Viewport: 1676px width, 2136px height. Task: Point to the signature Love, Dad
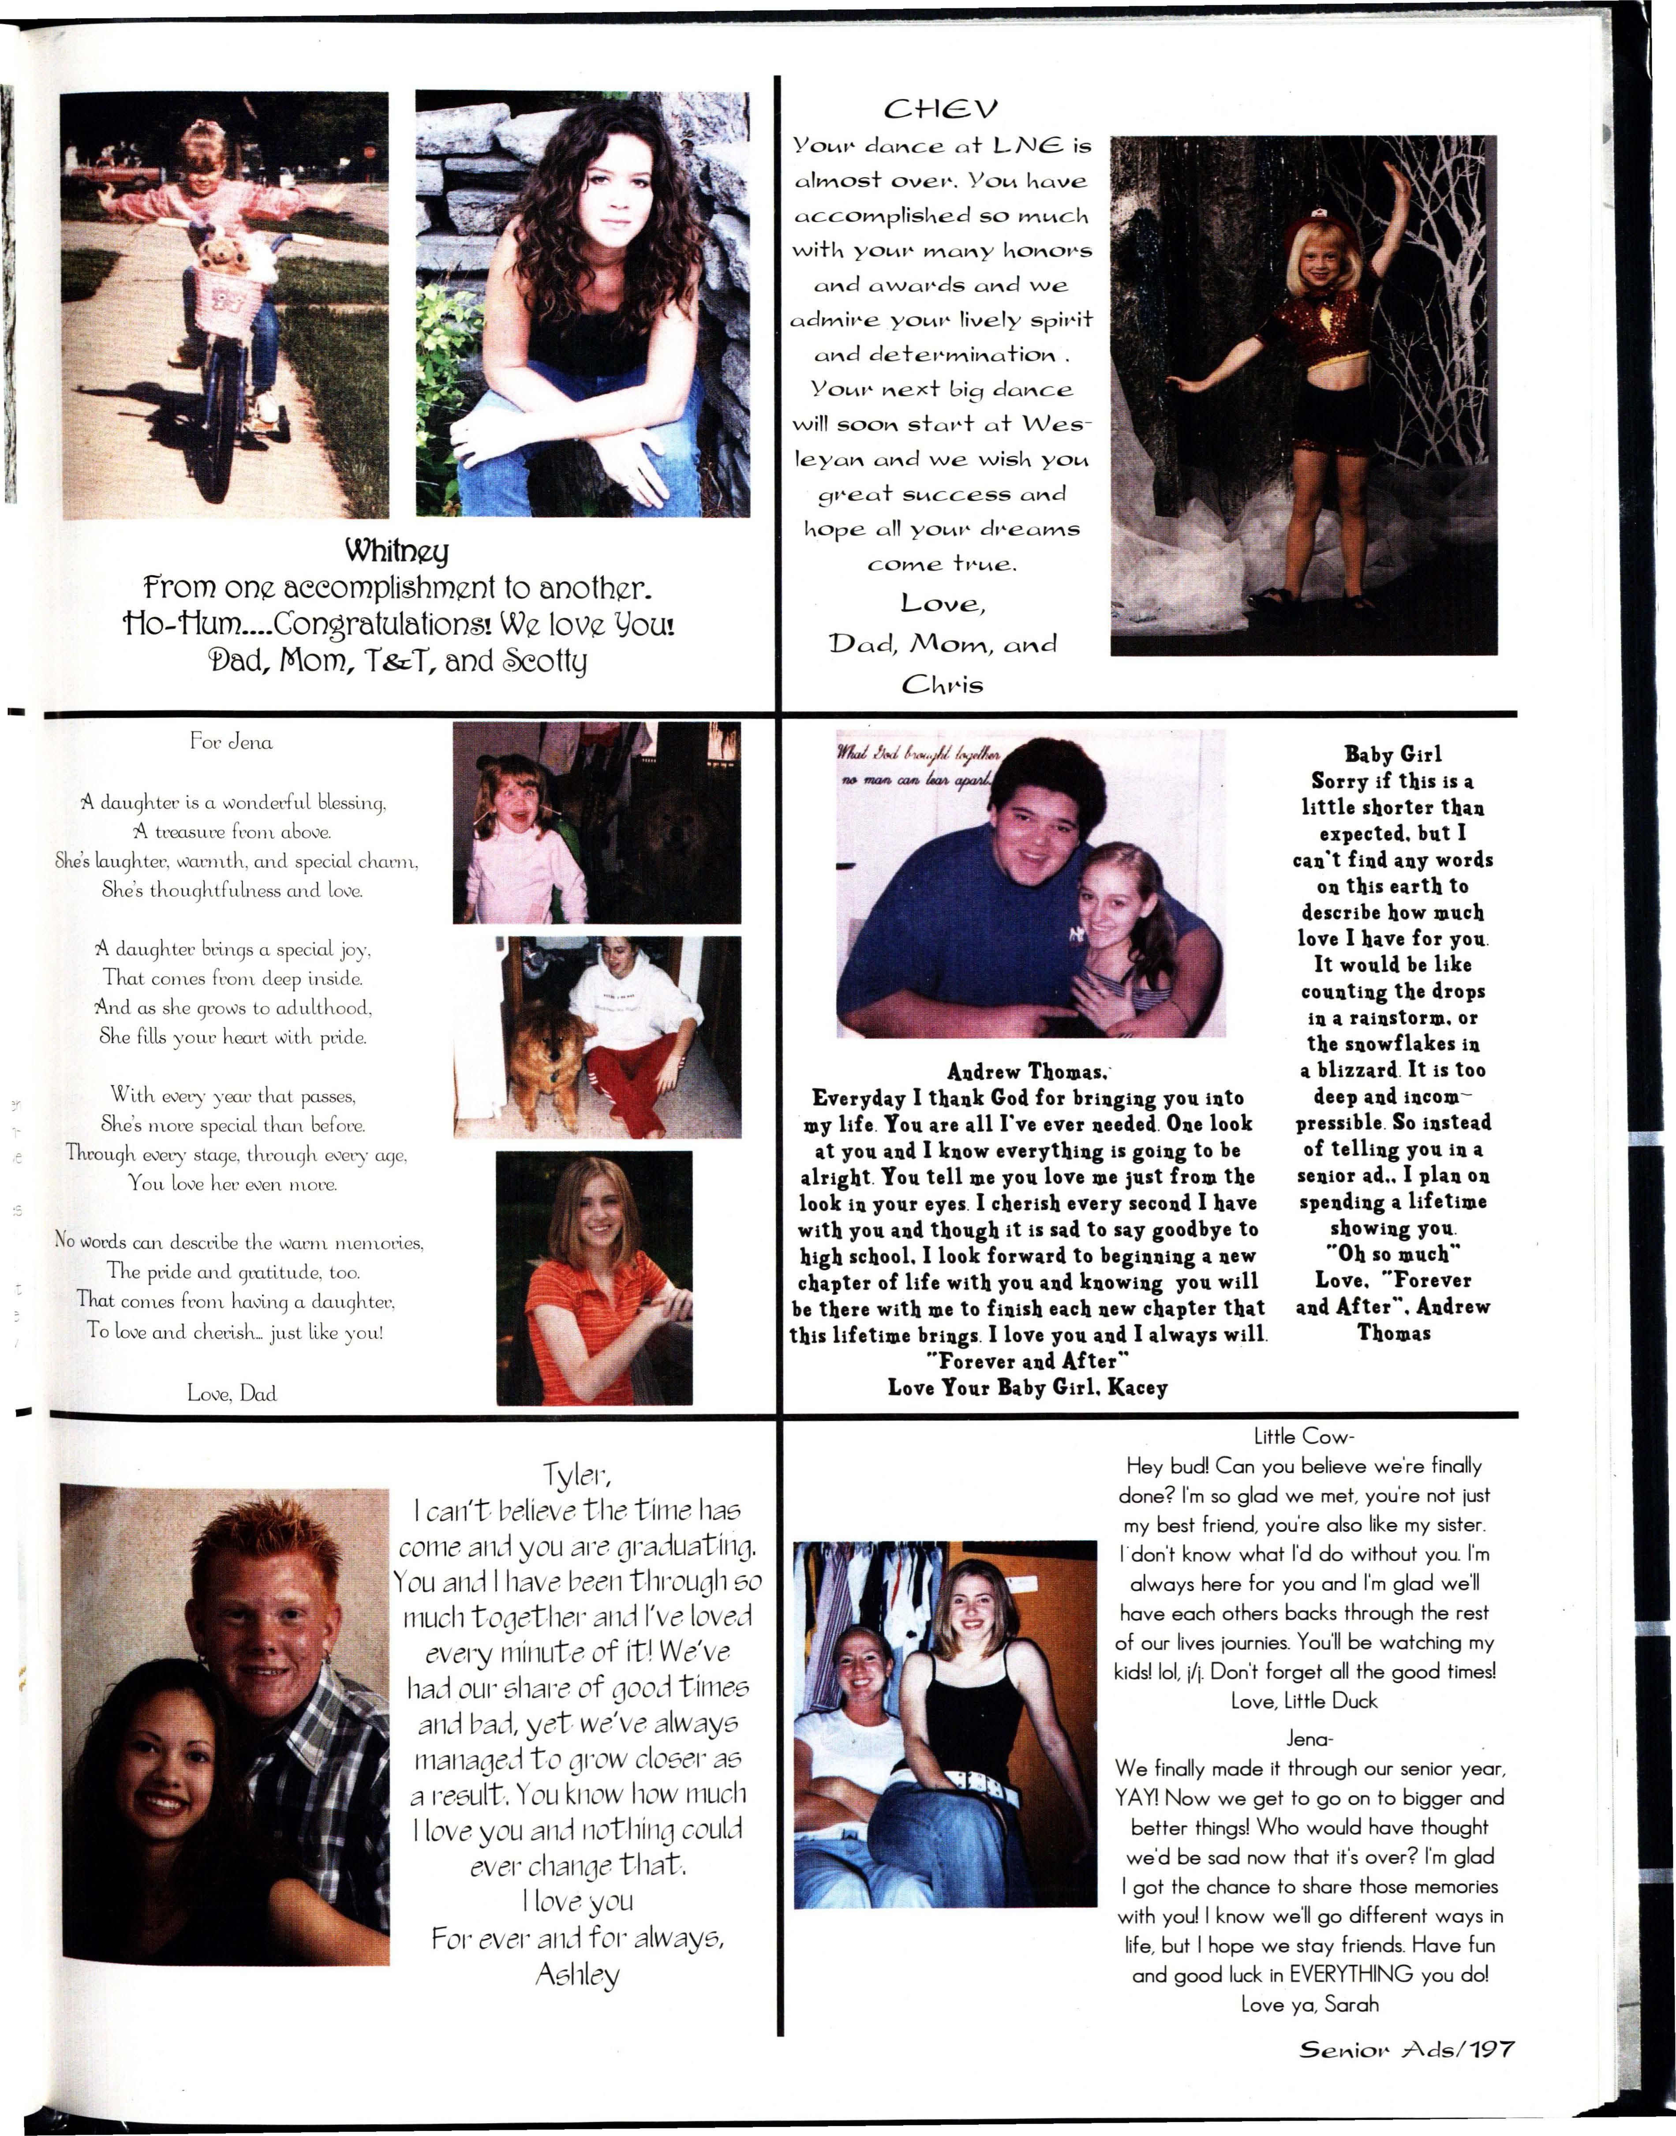pyautogui.click(x=232, y=1392)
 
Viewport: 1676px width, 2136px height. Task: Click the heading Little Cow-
pyautogui.click(x=1304, y=1436)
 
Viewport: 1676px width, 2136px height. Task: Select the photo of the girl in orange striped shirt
pyautogui.click(x=594, y=1277)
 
